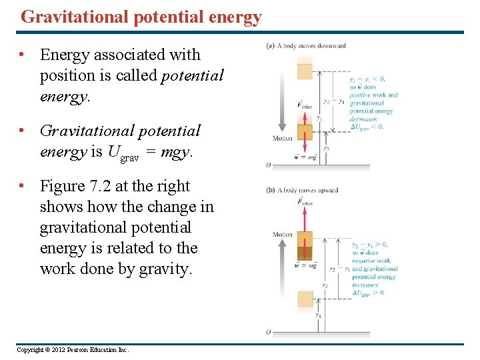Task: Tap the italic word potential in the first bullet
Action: [x=193, y=75]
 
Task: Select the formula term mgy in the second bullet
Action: [x=175, y=152]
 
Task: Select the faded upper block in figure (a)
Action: [x=304, y=69]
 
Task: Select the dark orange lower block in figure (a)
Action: [x=304, y=133]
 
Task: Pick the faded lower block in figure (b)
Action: [x=304, y=299]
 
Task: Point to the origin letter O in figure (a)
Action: [x=269, y=164]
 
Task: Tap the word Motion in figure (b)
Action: [x=283, y=235]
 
